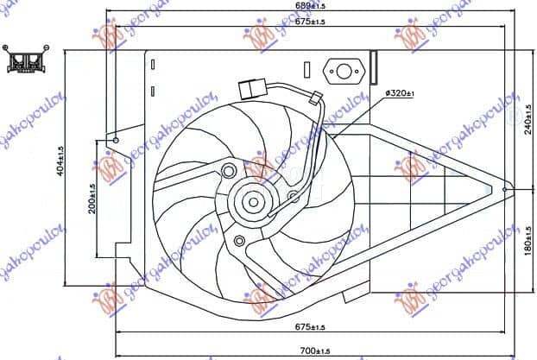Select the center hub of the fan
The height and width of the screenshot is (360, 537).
pos(254,203)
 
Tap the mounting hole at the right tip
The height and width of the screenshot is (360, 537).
pos(506,187)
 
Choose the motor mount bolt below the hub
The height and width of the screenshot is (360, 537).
pos(238,241)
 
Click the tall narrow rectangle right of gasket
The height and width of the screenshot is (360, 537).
pos(373,61)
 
